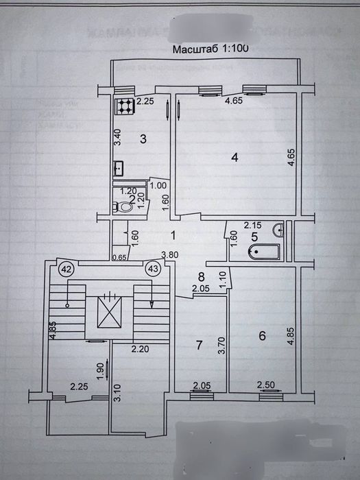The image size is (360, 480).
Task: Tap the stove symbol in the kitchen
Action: tap(124, 106)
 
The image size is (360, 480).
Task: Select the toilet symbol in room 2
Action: tap(125, 206)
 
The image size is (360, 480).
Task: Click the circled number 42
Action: tap(67, 269)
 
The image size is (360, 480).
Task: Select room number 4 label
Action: tap(234, 157)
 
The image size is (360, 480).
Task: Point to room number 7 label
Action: tap(200, 345)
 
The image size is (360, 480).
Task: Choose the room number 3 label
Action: tap(143, 139)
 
